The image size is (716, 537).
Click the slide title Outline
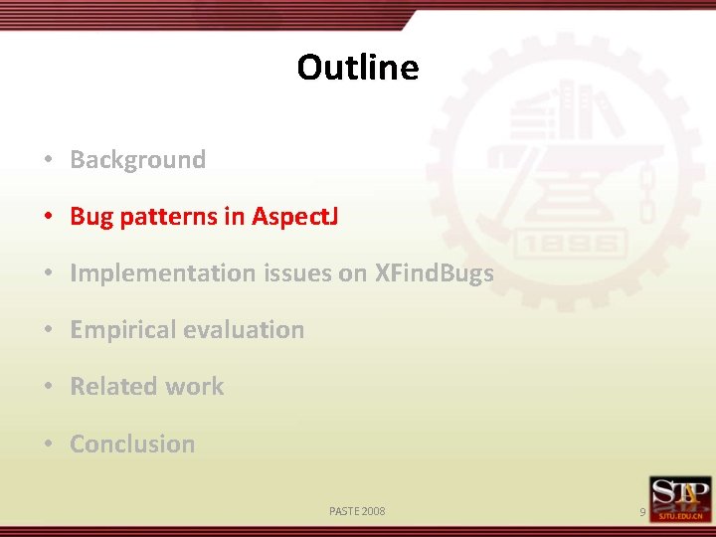pyautogui.click(x=357, y=68)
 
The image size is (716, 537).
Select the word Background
pyautogui.click(x=137, y=160)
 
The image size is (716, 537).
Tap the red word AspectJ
pyautogui.click(x=294, y=217)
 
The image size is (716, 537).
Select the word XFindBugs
pyautogui.click(x=434, y=273)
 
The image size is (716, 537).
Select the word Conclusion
pyautogui.click(x=132, y=445)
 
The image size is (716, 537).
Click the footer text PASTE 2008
pyautogui.click(x=357, y=511)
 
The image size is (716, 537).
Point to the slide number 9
pyautogui.click(x=642, y=512)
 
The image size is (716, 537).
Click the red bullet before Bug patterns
pyautogui.click(x=48, y=217)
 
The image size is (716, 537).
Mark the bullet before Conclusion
pyautogui.click(x=48, y=445)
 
